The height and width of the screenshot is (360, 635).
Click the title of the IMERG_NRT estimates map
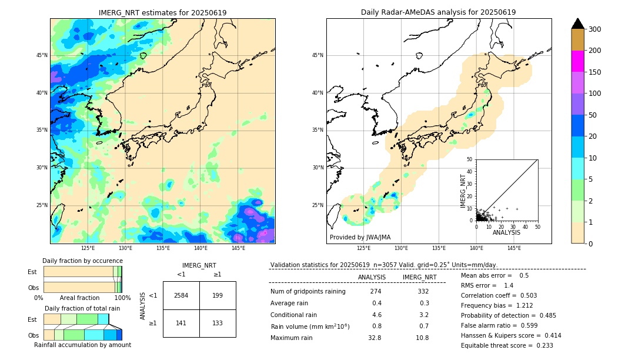[x=162, y=12]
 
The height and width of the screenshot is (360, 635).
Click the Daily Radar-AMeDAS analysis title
[x=439, y=12]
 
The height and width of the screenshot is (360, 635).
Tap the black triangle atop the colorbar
[x=578, y=24]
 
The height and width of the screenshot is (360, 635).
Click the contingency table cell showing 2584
[x=181, y=295]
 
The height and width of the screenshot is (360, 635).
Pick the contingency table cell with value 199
[x=218, y=295]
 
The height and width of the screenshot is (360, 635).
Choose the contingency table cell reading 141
[x=181, y=323]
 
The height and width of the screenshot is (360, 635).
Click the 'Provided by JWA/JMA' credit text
[x=360, y=237]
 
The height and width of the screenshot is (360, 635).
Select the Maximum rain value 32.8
[x=375, y=338]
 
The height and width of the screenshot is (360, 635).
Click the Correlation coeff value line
[x=499, y=295]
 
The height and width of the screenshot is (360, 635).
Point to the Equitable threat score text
[x=507, y=345]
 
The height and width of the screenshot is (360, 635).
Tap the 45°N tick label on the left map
[x=42, y=55]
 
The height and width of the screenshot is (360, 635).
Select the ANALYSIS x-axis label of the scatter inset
[x=506, y=232]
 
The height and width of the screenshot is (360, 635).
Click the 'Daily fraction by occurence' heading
[x=82, y=261]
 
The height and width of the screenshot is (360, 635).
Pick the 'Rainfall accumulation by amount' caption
[x=82, y=345]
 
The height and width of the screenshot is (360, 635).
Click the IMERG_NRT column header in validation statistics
[x=419, y=277]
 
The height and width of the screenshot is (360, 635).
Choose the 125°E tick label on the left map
[x=88, y=249]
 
